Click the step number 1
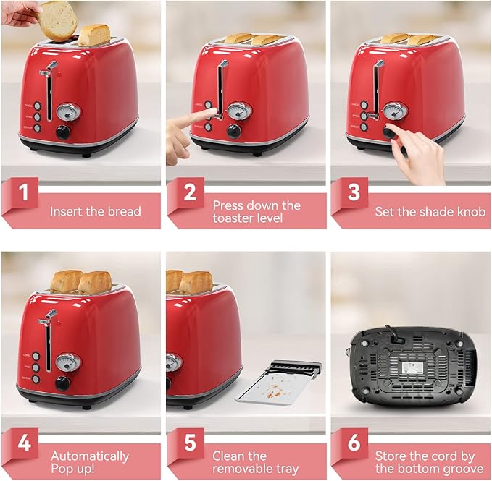click(x=24, y=194)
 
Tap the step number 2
click(x=189, y=194)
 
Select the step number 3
click(x=354, y=194)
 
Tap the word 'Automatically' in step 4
click(x=90, y=456)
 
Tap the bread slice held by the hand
click(x=59, y=18)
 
